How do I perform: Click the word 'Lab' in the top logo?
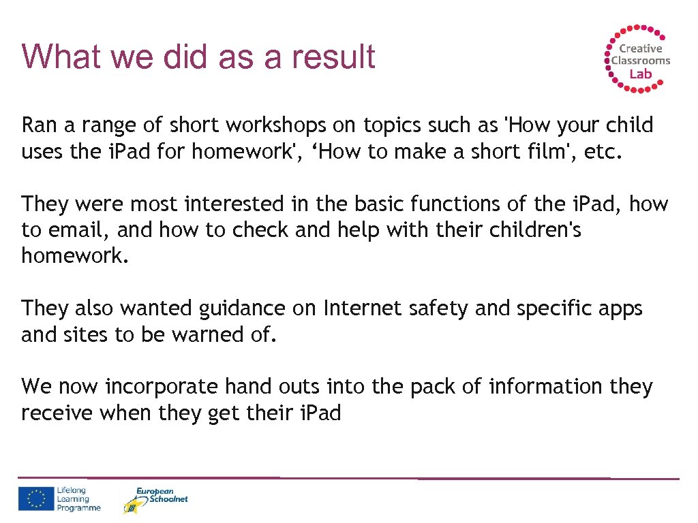pos(640,74)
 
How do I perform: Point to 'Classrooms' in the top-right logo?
pos(640,61)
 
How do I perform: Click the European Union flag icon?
pos(36,498)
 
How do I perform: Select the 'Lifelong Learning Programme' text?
pos(78,499)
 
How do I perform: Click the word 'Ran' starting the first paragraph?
pos(35,125)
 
